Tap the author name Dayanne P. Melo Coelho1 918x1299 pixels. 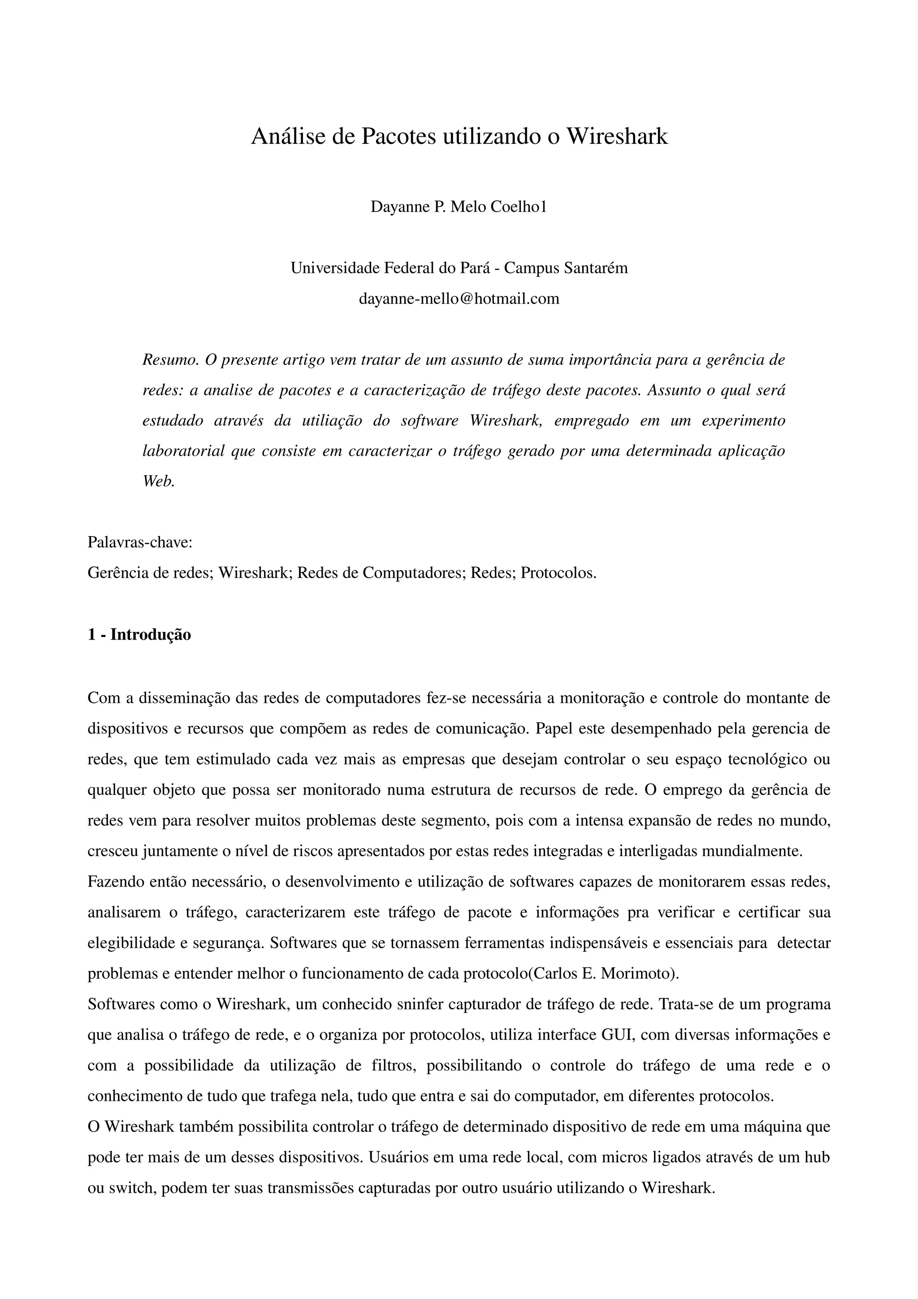459,207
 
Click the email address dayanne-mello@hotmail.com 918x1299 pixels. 459,298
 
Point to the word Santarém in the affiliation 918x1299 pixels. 594,268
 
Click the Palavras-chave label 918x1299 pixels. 140,542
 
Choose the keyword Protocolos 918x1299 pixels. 558,573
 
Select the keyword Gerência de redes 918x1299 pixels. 149,573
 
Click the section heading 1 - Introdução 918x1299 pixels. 139,635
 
